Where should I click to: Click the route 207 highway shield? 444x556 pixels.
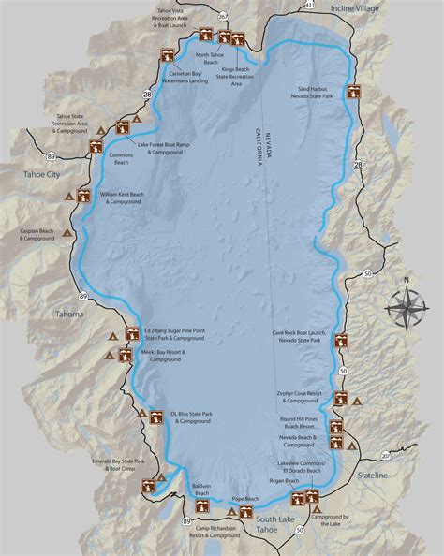click(385, 456)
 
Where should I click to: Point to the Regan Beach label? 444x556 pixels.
click(284, 481)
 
